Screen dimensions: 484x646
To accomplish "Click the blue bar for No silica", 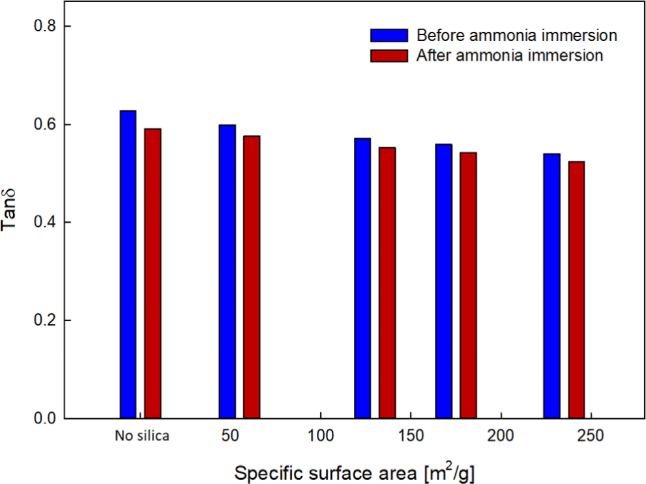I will pos(128,264).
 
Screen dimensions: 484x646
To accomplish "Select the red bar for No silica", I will pos(153,273).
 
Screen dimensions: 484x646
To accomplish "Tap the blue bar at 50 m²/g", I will pos(228,271).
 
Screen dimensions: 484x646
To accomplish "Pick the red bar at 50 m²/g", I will pos(252,277).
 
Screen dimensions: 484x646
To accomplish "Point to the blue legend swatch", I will pos(389,35).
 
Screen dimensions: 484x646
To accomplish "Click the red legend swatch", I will pos(389,55).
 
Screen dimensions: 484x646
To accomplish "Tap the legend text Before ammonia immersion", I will pos(516,35).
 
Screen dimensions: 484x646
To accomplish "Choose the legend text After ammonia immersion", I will pos(509,55).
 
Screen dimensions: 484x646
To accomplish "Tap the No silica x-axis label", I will pos(141,436).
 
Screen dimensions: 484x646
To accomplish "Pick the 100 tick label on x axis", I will pos(320,436).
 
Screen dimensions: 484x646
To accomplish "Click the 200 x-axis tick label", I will pos(501,436).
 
